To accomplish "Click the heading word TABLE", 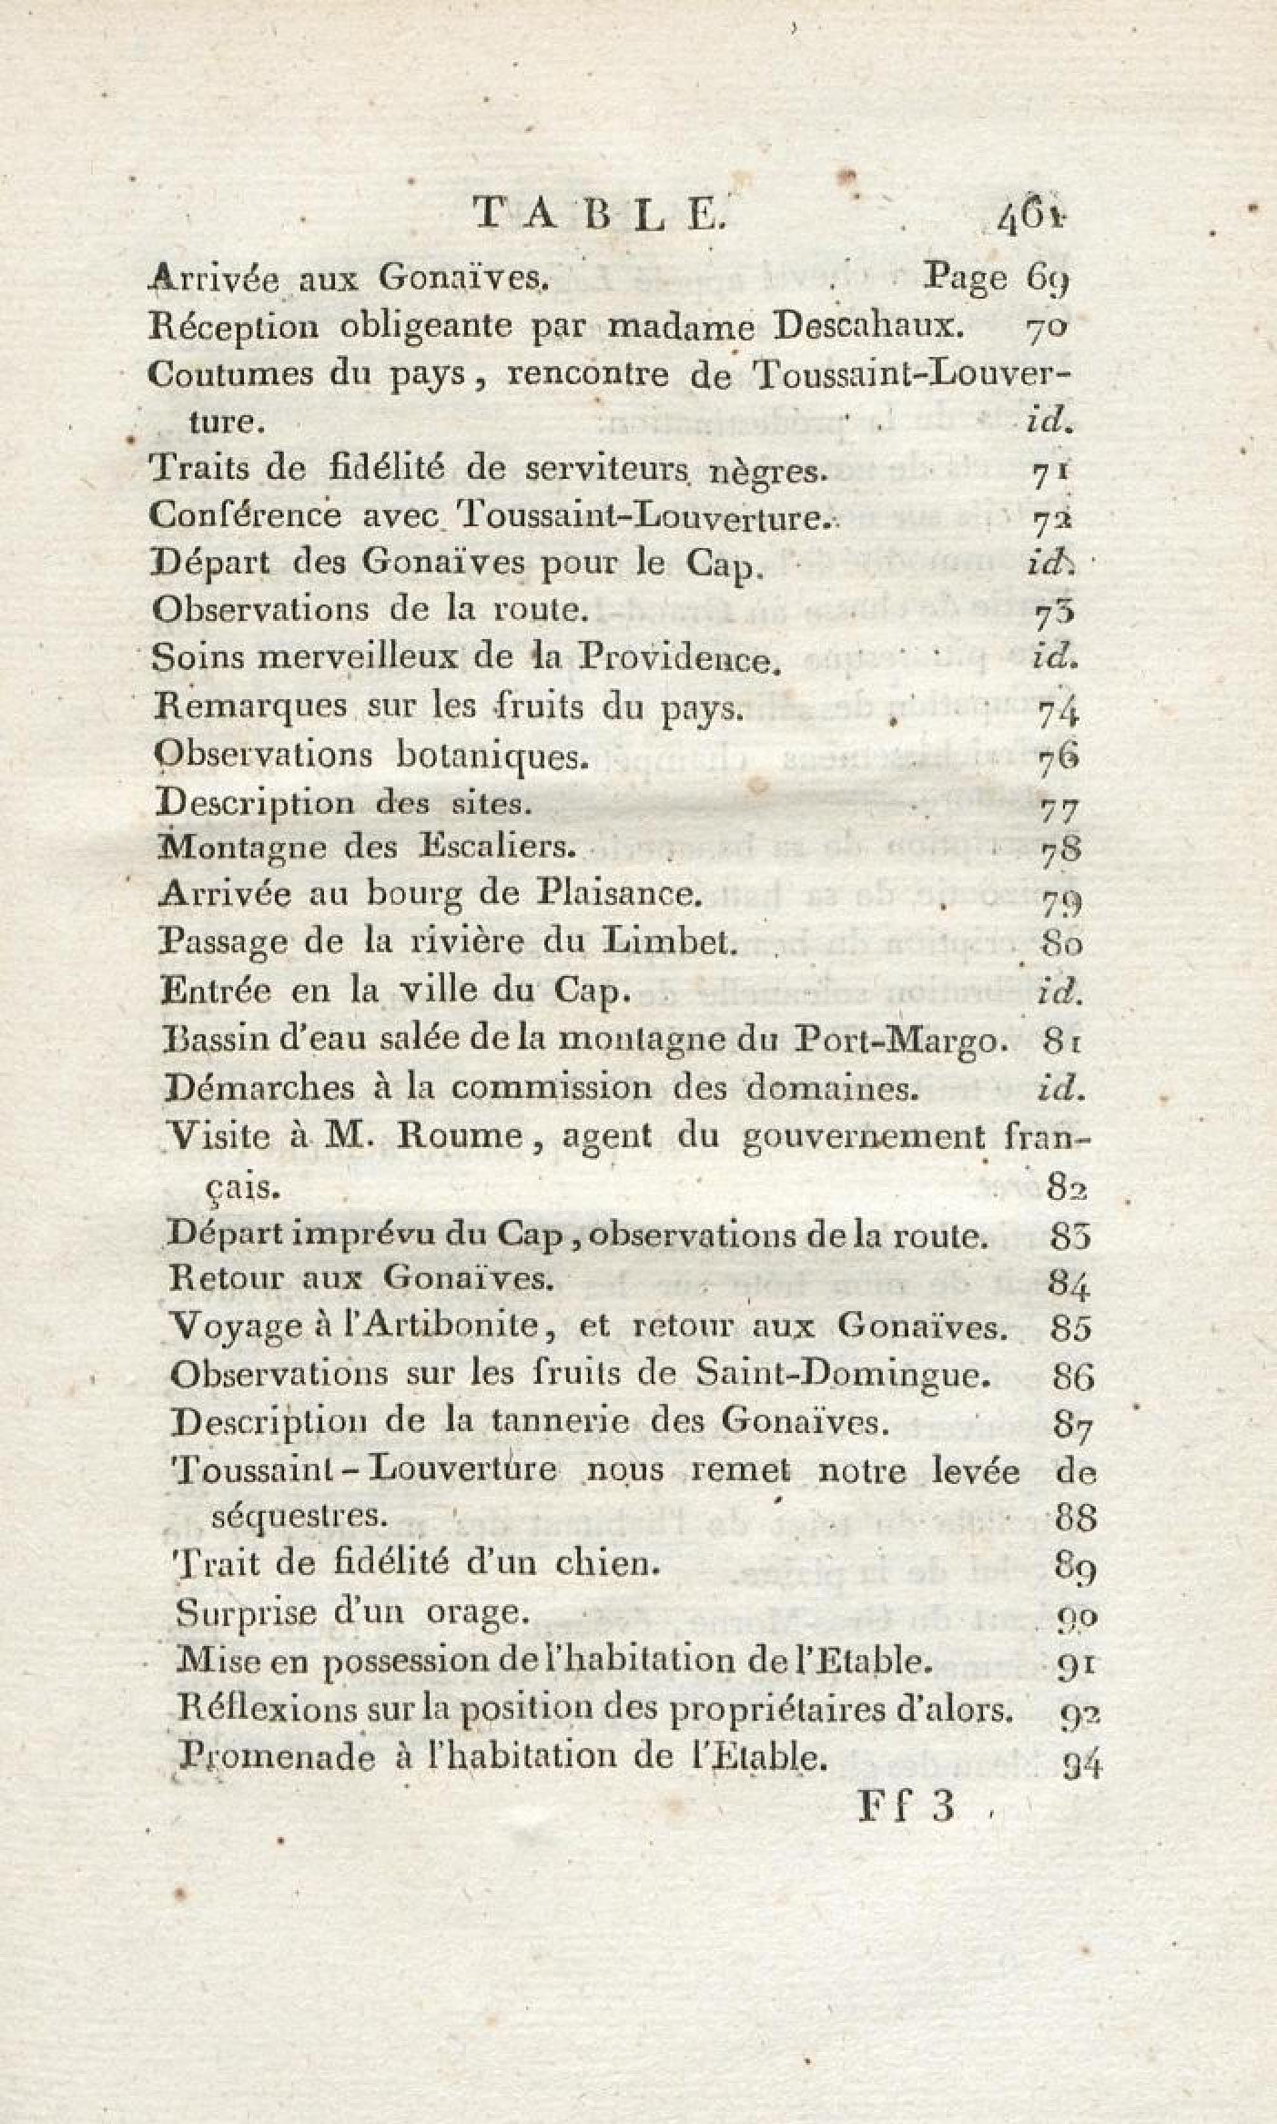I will coord(598,215).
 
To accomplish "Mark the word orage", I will coord(478,1614).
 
